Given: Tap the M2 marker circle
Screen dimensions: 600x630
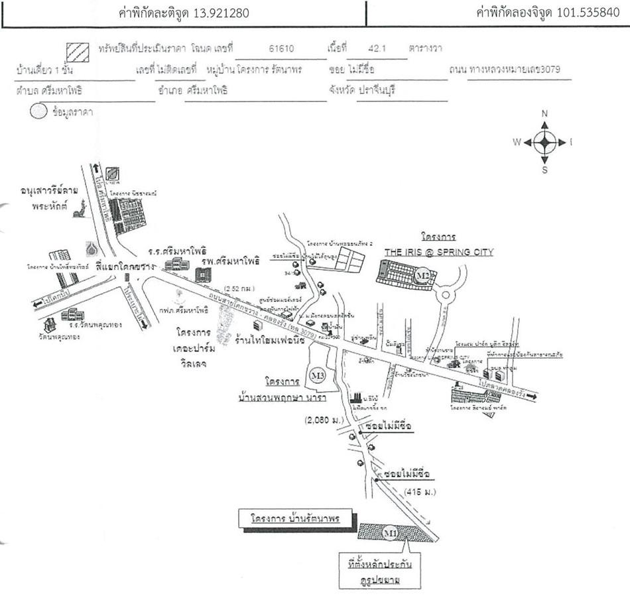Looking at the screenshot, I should point(422,274).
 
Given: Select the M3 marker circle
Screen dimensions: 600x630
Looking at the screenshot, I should point(318,376).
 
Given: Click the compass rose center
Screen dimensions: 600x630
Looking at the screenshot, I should point(544,141).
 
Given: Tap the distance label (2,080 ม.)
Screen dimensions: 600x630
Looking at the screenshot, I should point(325,420).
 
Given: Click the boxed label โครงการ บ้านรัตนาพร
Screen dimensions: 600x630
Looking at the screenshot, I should point(296,518).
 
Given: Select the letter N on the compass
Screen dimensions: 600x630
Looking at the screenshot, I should point(544,114).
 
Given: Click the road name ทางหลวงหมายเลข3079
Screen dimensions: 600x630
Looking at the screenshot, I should point(519,70).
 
